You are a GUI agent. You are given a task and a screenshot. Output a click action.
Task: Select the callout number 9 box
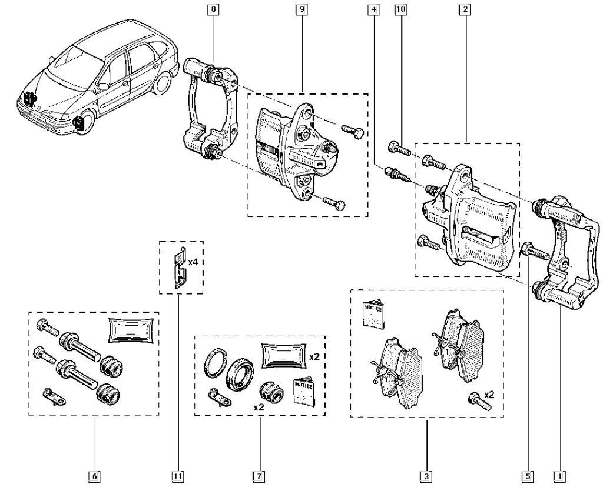coord(303,9)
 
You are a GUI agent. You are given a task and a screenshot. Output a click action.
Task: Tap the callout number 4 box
coord(372,9)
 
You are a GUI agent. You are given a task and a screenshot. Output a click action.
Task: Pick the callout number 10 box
coord(402,9)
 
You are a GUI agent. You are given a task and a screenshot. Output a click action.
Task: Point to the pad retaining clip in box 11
coord(178,268)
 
